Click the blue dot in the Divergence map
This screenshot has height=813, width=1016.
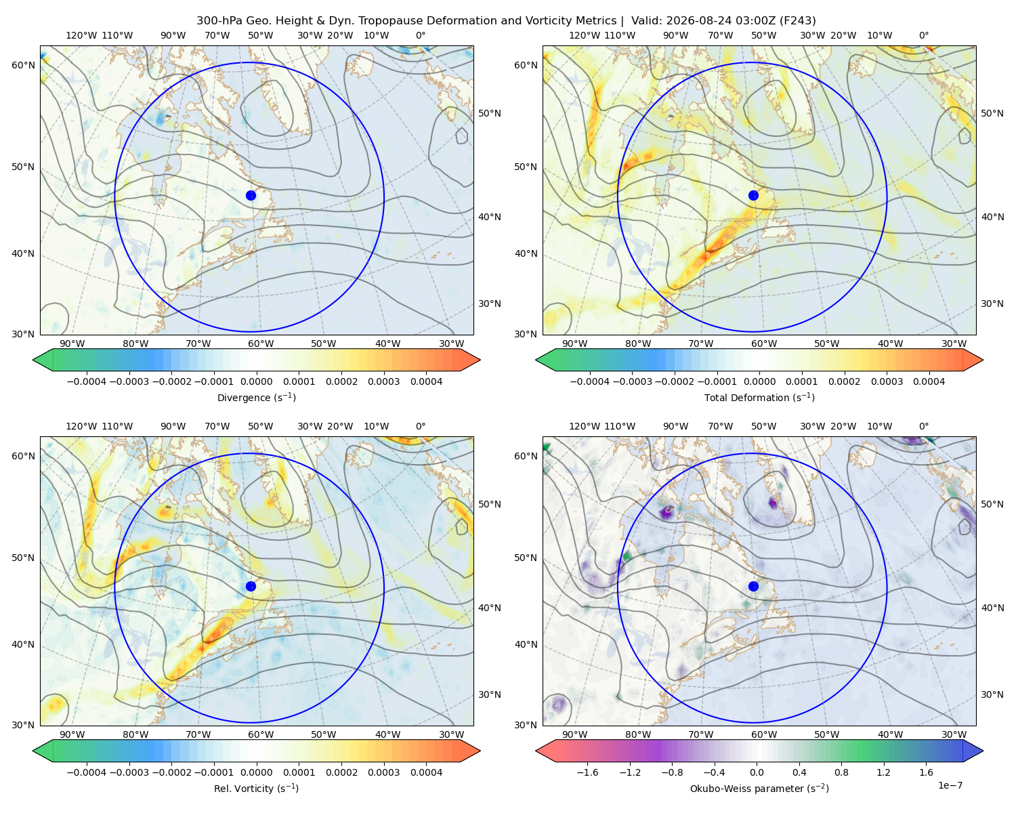coord(251,195)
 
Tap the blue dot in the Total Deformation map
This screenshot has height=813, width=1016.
coord(753,195)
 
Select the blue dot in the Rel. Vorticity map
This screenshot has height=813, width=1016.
coord(251,586)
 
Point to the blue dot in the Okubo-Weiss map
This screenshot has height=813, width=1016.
coord(753,586)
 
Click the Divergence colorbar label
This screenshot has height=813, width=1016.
coord(256,398)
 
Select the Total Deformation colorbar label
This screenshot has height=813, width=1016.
coord(759,398)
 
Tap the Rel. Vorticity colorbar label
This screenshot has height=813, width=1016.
coord(256,789)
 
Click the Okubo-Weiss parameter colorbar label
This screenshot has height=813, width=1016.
coord(759,789)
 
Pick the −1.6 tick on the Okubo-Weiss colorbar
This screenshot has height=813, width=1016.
coord(587,772)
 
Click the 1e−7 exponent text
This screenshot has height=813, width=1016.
coord(950,785)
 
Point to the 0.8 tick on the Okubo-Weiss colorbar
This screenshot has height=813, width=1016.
coord(841,772)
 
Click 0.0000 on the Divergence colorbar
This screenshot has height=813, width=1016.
coord(256,381)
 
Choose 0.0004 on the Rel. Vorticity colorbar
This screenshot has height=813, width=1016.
coord(426,772)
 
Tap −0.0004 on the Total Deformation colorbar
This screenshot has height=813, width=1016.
coord(589,381)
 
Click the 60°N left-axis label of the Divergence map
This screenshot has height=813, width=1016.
coord(23,65)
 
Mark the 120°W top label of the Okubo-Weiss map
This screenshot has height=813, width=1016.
coord(584,426)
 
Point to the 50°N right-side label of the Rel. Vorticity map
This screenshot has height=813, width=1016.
coord(490,504)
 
